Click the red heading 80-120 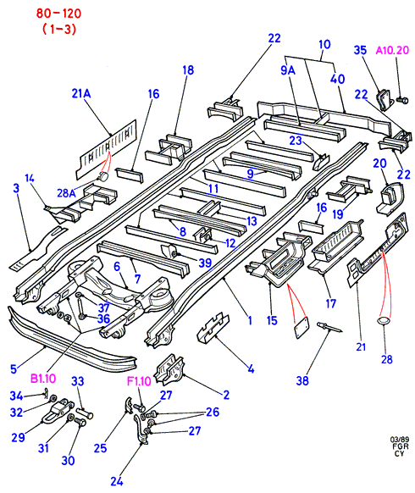point(58,14)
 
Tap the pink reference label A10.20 point(393,50)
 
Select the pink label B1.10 point(43,379)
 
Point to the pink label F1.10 point(139,381)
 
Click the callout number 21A point(81,93)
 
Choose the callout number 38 point(302,380)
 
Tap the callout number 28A point(67,193)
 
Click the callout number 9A point(288,70)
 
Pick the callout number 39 point(205,263)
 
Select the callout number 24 point(117,481)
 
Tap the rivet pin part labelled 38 point(329,327)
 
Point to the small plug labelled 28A point(102,177)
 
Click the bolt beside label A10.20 point(402,100)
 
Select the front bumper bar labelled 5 point(72,338)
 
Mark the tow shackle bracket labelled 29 point(58,411)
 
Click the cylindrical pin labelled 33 point(84,413)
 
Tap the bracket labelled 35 point(385,99)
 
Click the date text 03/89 point(399,440)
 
